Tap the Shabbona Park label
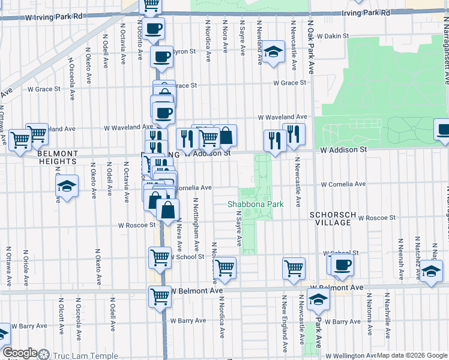click(255, 204)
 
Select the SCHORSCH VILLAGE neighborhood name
click(330, 218)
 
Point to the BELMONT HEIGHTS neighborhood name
click(58, 157)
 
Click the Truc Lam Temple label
click(85, 355)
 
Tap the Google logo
click(20, 353)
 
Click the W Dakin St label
click(333, 36)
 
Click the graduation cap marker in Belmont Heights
click(67, 185)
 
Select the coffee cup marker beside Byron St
click(161, 57)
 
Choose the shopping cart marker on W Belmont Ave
click(160, 296)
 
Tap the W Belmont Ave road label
click(191, 290)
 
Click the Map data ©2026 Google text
click(412, 355)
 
